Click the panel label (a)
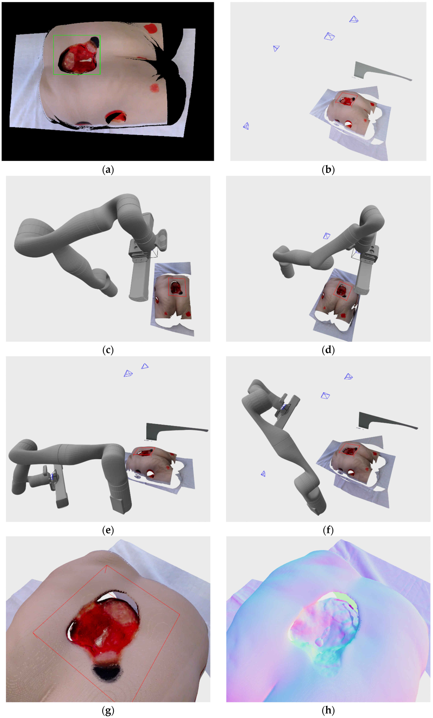[108, 170]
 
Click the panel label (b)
[328, 170]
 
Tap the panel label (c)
[108, 350]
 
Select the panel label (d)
[328, 350]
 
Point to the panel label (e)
[108, 530]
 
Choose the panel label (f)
[328, 530]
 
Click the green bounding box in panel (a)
[54, 55]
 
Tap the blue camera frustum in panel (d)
[327, 236]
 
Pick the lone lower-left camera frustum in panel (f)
[263, 474]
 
